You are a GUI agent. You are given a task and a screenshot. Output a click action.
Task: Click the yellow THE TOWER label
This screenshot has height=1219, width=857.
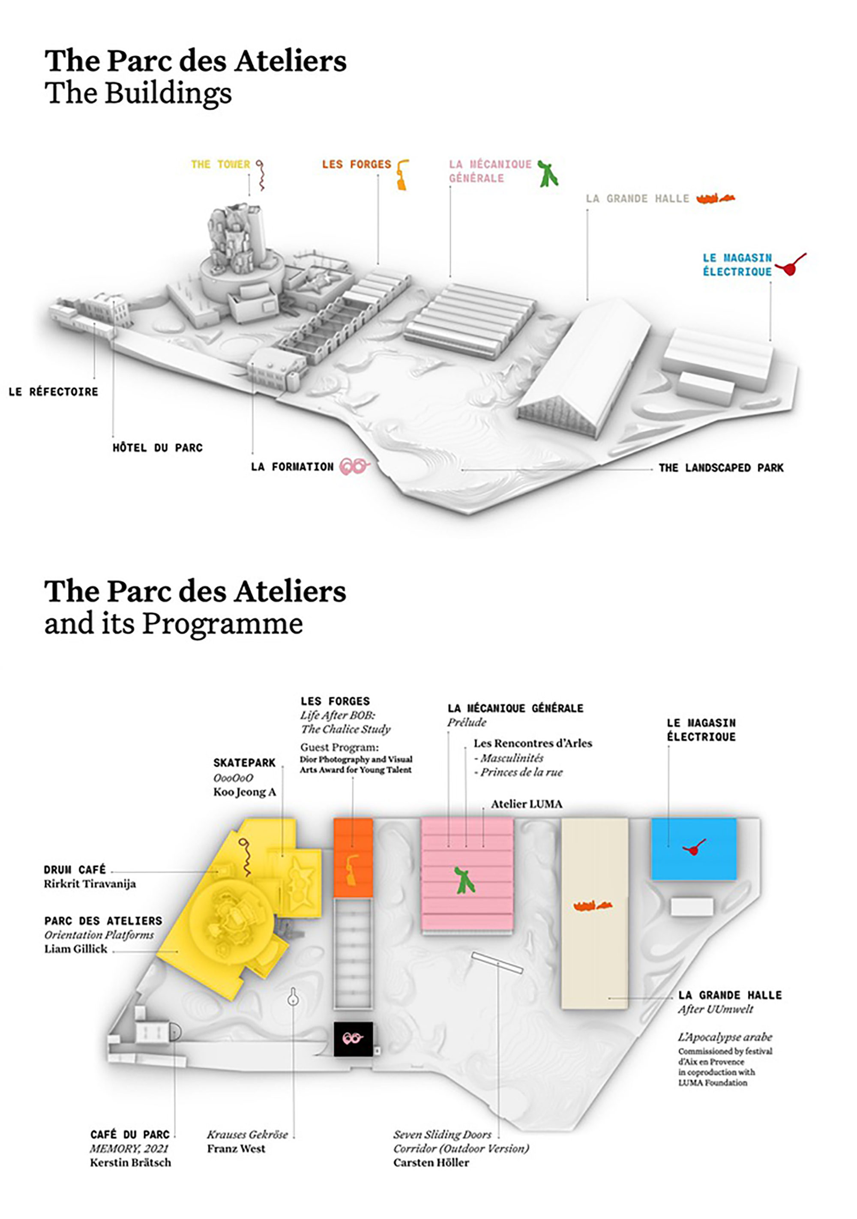click(x=220, y=165)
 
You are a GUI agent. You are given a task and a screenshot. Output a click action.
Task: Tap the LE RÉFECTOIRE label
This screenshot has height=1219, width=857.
click(x=54, y=392)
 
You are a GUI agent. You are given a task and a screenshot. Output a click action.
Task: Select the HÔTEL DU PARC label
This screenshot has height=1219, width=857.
click(x=158, y=448)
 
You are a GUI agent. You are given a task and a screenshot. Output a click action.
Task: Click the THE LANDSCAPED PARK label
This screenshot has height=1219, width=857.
click(x=721, y=468)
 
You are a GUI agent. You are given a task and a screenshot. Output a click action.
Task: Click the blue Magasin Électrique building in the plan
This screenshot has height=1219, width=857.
click(x=693, y=849)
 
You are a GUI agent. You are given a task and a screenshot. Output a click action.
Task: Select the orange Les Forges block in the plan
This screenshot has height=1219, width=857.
click(x=353, y=858)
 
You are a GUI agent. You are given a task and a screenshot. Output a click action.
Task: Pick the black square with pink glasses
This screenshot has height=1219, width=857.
click(x=353, y=1039)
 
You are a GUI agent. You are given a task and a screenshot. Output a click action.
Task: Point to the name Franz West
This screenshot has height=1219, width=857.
click(x=236, y=1148)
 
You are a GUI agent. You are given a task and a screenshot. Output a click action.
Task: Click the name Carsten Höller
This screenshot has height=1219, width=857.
click(x=431, y=1162)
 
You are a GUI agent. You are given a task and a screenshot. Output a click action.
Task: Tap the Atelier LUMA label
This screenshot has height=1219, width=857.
click(x=526, y=804)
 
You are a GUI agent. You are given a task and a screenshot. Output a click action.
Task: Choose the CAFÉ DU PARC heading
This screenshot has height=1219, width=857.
click(x=130, y=1135)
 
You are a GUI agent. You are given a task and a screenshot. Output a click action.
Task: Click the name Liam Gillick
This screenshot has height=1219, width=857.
click(x=76, y=949)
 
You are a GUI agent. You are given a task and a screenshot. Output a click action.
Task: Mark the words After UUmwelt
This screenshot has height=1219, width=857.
click(x=715, y=1009)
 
